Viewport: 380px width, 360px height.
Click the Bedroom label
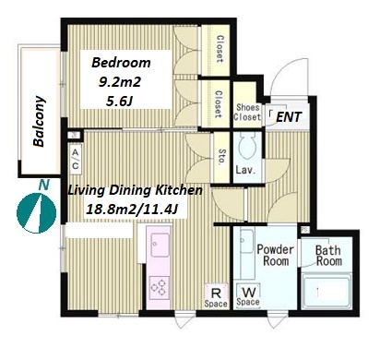[121, 63]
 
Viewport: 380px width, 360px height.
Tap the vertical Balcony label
[40, 122]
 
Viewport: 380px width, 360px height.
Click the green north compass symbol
[36, 213]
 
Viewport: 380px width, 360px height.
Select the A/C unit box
[76, 160]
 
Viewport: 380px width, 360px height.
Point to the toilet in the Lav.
[247, 146]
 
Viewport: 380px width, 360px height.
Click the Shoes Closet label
[247, 113]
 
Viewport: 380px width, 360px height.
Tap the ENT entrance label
[289, 117]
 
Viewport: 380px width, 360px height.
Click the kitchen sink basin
[160, 245]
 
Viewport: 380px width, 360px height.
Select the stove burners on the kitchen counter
[160, 288]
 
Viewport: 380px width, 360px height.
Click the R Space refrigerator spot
[216, 296]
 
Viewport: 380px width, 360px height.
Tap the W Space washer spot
[248, 295]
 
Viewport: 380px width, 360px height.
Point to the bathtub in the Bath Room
[327, 291]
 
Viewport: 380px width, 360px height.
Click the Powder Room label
[275, 255]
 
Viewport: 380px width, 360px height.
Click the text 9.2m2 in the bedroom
[120, 82]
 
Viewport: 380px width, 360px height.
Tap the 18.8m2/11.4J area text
[132, 210]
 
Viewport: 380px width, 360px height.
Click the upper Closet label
[220, 49]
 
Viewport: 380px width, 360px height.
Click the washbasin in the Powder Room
[246, 241]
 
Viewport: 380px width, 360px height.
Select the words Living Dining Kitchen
[135, 190]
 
